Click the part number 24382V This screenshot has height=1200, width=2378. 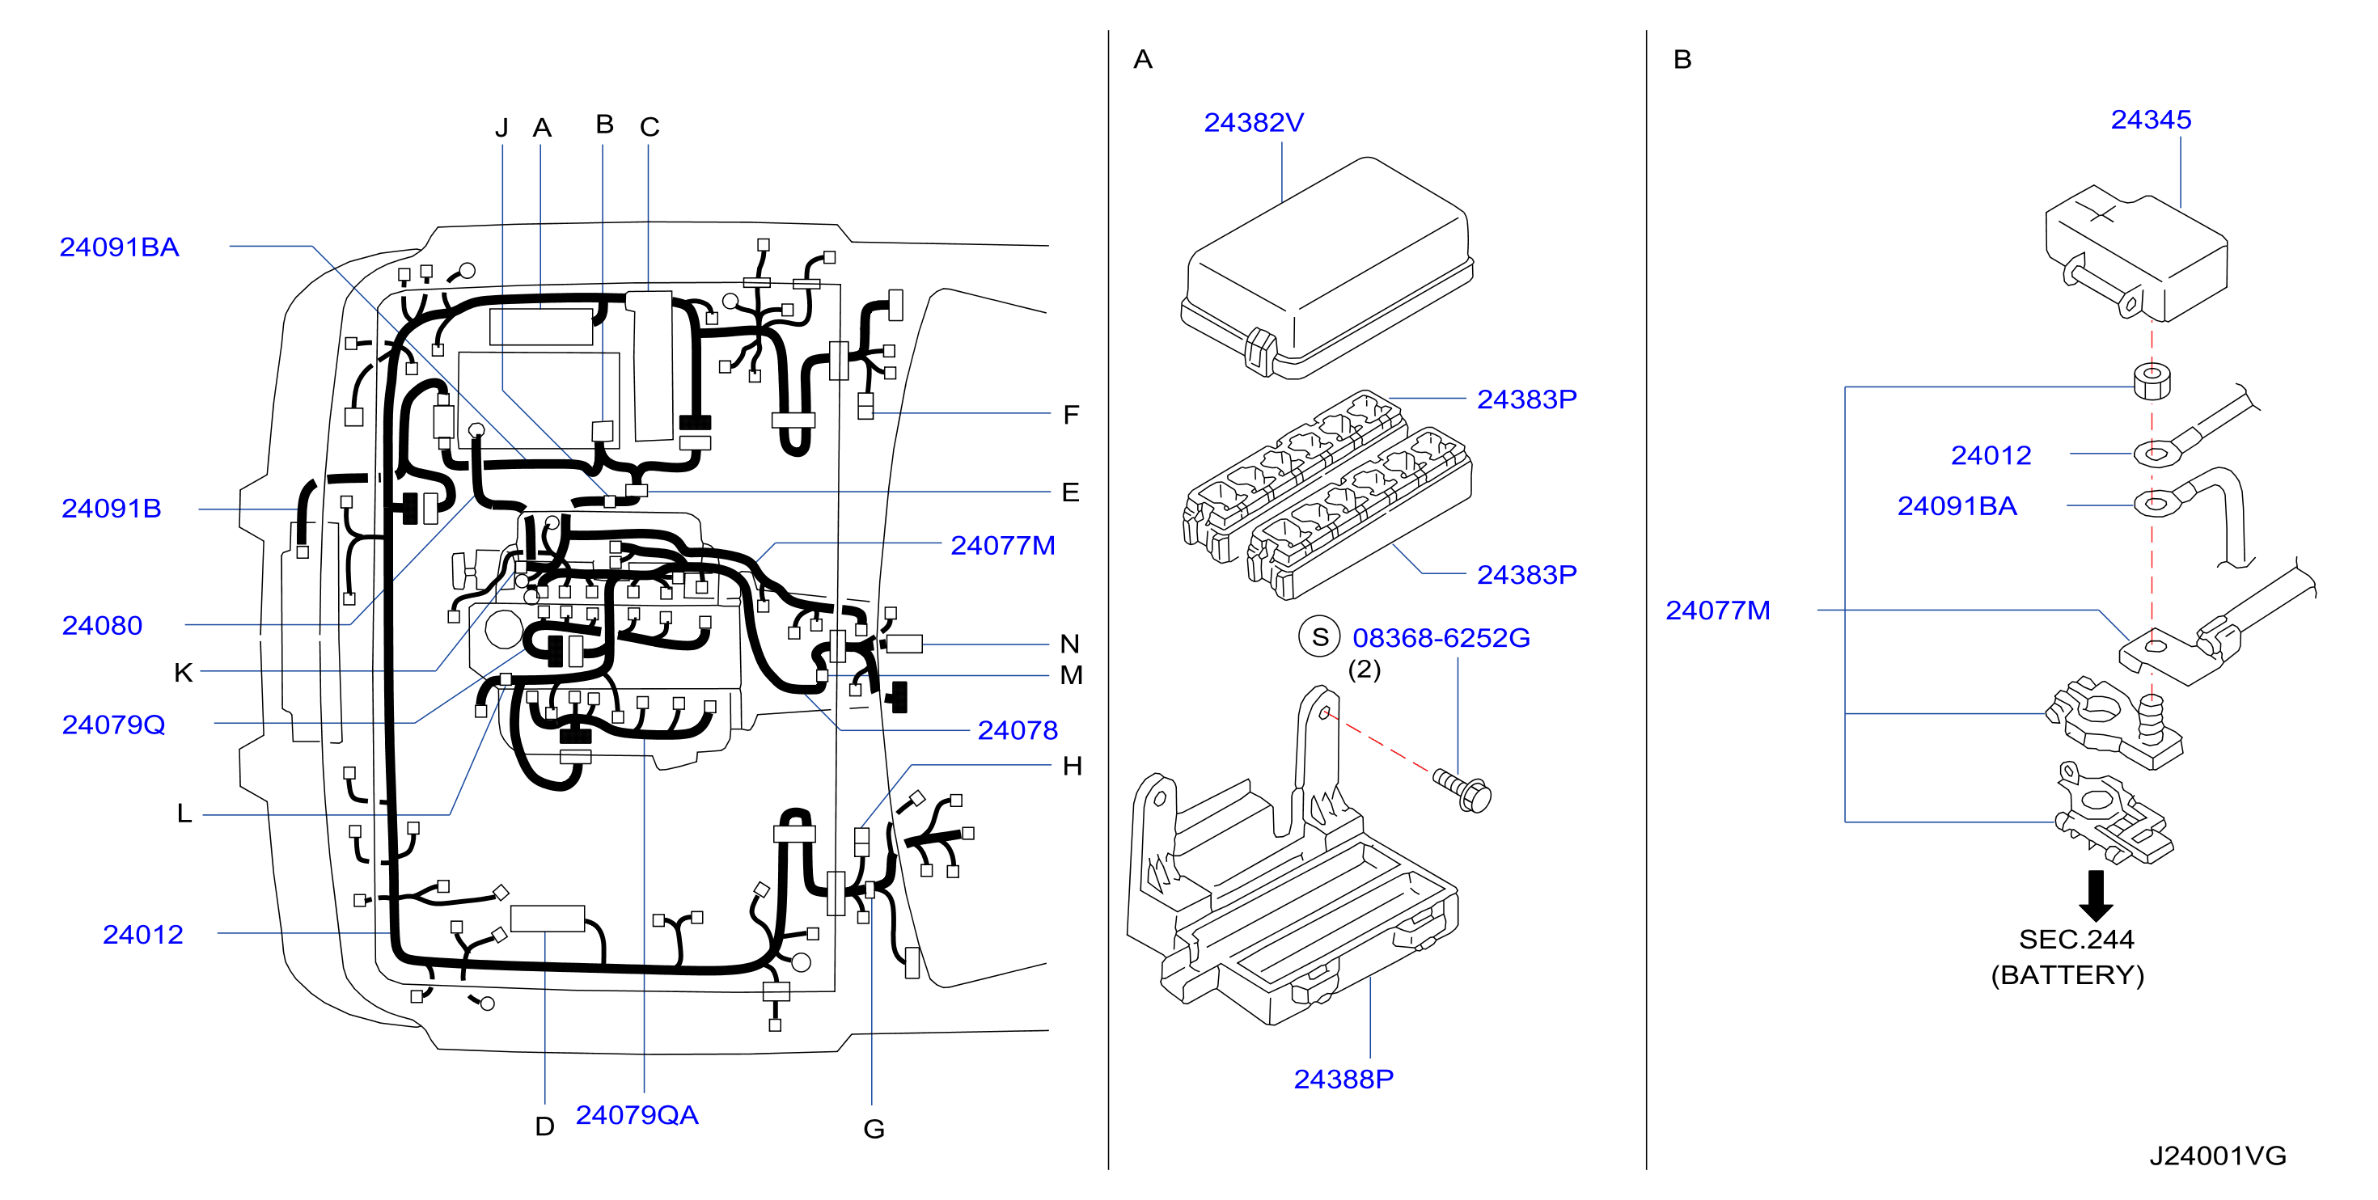click(x=1253, y=123)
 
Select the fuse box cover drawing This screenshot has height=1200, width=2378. click(x=1327, y=268)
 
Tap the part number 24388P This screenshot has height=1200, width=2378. click(x=1343, y=1079)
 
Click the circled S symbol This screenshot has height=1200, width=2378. click(x=1320, y=637)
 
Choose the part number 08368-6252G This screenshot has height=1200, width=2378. click(x=1441, y=638)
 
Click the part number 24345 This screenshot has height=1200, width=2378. click(x=2151, y=120)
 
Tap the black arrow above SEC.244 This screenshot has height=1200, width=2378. click(x=2096, y=895)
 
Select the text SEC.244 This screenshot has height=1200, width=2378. click(x=2076, y=940)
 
